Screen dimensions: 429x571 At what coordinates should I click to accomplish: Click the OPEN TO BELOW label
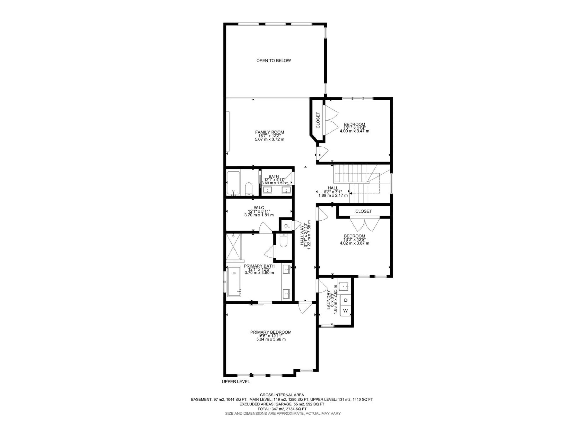pos(273,60)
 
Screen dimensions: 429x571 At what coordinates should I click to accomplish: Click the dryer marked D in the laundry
pos(345,300)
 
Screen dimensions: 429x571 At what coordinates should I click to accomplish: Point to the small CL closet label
pos(287,226)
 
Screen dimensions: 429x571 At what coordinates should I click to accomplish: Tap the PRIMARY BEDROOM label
pos(271,332)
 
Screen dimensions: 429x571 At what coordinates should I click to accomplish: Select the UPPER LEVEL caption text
pos(236,381)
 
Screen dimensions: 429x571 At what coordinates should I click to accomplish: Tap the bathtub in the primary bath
pos(234,282)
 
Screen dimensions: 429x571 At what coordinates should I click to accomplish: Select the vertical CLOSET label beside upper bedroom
pos(318,120)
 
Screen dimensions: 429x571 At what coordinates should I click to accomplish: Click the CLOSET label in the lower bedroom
pos(363,211)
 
